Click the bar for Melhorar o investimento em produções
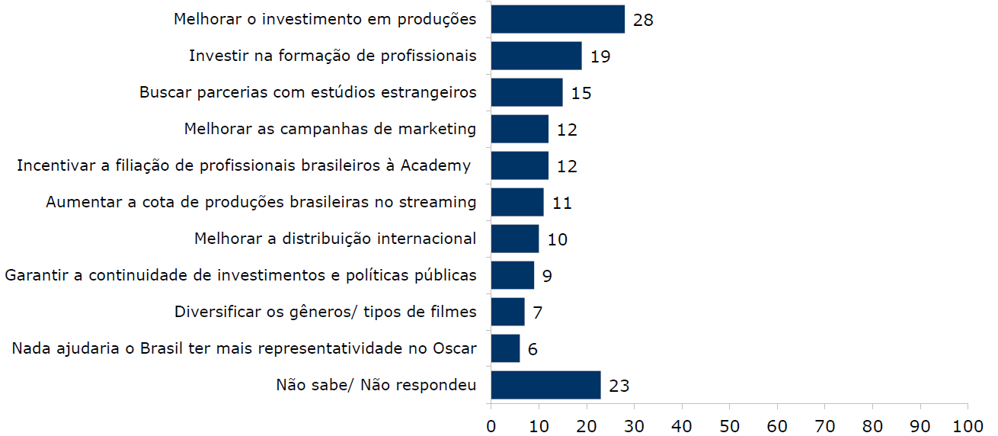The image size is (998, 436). coord(558,19)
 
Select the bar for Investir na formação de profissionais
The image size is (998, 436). coord(536,56)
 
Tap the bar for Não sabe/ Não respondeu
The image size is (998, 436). coord(545,385)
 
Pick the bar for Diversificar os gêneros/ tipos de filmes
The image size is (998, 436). coord(507,312)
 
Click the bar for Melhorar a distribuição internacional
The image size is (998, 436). coord(515,239)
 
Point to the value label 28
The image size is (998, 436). coord(643,20)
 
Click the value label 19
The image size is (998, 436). coord(600,56)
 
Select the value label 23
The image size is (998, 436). coord(619,386)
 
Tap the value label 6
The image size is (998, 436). coord(533,349)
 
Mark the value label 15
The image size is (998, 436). coord(581,93)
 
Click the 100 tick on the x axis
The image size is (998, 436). coord(968,424)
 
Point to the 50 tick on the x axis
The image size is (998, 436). coord(729,424)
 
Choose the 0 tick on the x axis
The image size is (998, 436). coord(491,424)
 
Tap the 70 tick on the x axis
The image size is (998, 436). coord(824,424)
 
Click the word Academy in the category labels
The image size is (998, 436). coord(442,165)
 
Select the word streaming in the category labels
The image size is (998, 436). coord(440,202)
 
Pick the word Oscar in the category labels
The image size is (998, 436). coord(455,348)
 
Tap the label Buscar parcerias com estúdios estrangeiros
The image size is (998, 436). coord(308,92)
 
